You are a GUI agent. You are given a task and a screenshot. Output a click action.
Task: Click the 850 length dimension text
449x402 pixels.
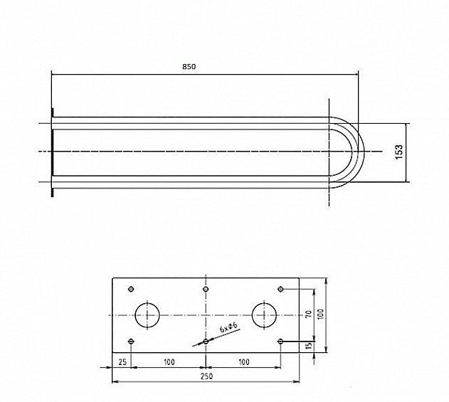click(x=189, y=67)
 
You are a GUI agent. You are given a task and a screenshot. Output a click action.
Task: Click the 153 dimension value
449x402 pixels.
click(x=399, y=152)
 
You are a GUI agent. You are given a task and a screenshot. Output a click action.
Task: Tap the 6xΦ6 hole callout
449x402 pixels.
click(x=228, y=327)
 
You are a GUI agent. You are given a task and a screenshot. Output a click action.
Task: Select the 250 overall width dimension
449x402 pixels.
click(x=207, y=376)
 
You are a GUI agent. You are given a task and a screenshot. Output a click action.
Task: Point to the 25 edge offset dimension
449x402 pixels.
click(x=122, y=362)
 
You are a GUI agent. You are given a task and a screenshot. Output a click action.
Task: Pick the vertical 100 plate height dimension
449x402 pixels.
click(x=320, y=314)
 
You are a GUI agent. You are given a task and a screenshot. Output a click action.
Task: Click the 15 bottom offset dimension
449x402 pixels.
click(x=309, y=346)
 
